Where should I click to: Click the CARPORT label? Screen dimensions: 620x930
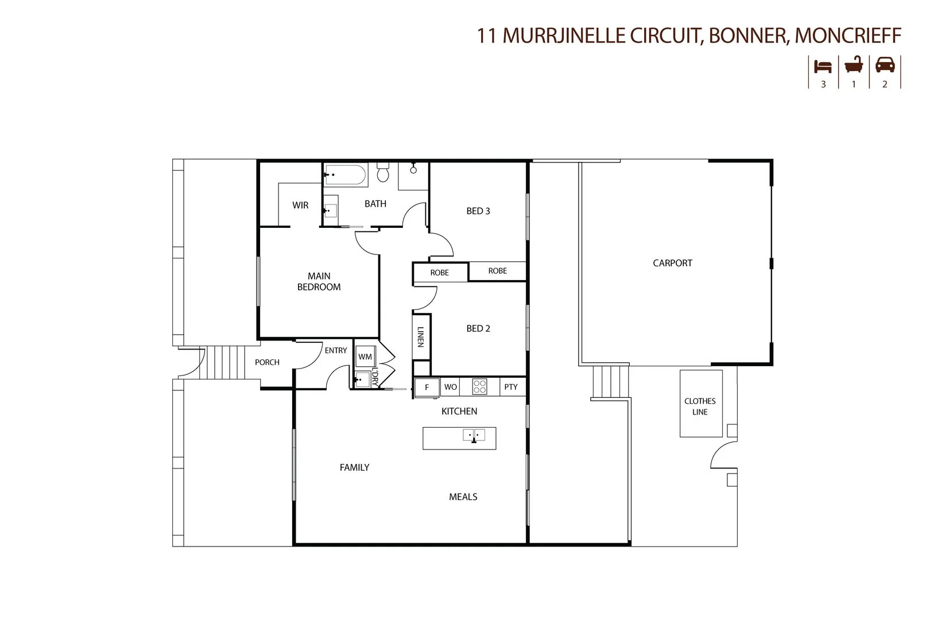point(672,263)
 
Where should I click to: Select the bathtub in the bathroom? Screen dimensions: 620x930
point(345,175)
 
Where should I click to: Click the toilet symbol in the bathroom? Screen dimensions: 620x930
point(383,172)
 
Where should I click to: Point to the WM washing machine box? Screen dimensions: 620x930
point(365,356)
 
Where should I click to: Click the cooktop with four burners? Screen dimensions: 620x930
point(479,387)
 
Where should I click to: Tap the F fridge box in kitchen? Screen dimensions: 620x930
point(427,387)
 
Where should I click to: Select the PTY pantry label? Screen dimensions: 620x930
point(511,387)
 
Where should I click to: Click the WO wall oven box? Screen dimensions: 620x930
point(451,387)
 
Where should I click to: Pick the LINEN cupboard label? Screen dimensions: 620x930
point(421,336)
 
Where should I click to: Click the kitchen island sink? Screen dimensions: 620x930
point(474,436)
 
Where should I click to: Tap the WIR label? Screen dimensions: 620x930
point(300,205)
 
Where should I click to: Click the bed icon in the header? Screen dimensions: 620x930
point(823,66)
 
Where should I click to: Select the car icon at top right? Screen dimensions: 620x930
point(885,65)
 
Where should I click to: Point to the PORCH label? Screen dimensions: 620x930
point(267,362)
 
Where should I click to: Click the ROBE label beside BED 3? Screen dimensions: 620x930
point(498,271)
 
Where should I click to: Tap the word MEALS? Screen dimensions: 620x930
point(463,497)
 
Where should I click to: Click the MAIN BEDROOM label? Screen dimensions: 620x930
point(319,281)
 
